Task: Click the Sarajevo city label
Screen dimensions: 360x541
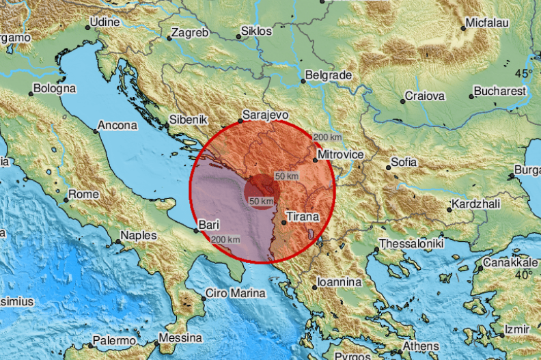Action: (x=264, y=115)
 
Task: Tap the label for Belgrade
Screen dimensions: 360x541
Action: (x=328, y=74)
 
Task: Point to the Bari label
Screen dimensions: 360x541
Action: (x=208, y=224)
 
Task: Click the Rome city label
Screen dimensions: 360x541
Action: (x=84, y=195)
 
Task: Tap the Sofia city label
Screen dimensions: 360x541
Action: (x=402, y=163)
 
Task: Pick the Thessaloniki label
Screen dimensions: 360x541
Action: (x=412, y=244)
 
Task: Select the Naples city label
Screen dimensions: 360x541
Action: (x=138, y=236)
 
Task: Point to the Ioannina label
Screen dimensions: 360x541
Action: (x=339, y=281)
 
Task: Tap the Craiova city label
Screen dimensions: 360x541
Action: (x=425, y=96)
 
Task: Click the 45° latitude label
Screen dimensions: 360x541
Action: (x=523, y=73)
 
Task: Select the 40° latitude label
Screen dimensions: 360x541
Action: (x=523, y=275)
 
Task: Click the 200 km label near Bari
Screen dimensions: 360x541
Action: (x=225, y=240)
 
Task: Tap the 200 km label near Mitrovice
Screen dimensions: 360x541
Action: (x=327, y=137)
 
